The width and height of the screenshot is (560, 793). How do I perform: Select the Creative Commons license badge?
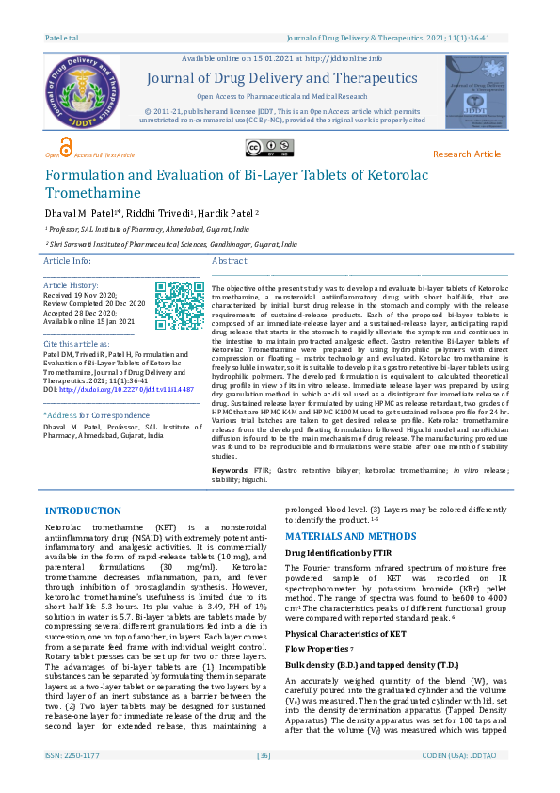coord(269,147)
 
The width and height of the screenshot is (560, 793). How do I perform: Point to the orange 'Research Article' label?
coord(467,154)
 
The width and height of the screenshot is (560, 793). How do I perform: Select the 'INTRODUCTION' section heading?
coord(83,510)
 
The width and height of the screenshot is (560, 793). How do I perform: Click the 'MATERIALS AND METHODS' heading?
coord(350,536)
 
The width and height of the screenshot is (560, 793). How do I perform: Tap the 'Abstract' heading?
coord(230,260)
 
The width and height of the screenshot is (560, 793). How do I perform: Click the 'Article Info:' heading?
coord(68,260)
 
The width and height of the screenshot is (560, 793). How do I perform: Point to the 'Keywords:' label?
coord(231,469)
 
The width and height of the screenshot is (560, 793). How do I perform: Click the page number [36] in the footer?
coord(264,782)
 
